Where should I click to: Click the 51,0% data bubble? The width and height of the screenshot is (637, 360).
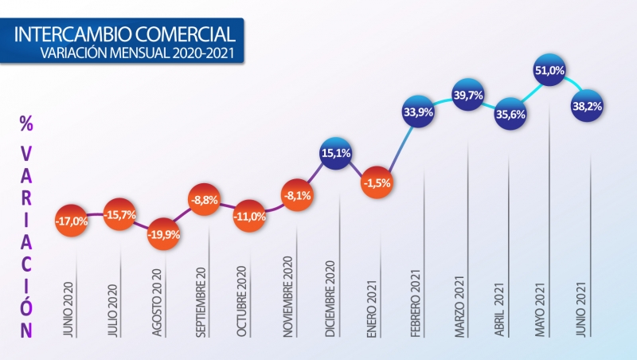click(x=550, y=72)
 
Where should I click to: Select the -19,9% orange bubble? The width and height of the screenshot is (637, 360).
click(x=162, y=235)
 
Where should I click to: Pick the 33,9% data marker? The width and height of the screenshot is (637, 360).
click(x=419, y=112)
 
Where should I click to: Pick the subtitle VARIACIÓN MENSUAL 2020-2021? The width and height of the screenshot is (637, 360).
click(x=138, y=54)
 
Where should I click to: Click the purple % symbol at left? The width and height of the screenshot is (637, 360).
click(x=26, y=124)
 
